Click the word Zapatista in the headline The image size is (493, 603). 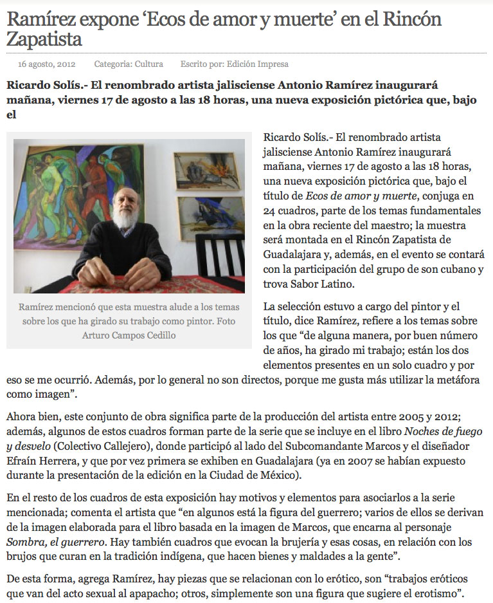pyautogui.click(x=44, y=39)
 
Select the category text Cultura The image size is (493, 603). pyautogui.click(x=148, y=64)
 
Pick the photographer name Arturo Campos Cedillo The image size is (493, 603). pyautogui.click(x=129, y=335)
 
